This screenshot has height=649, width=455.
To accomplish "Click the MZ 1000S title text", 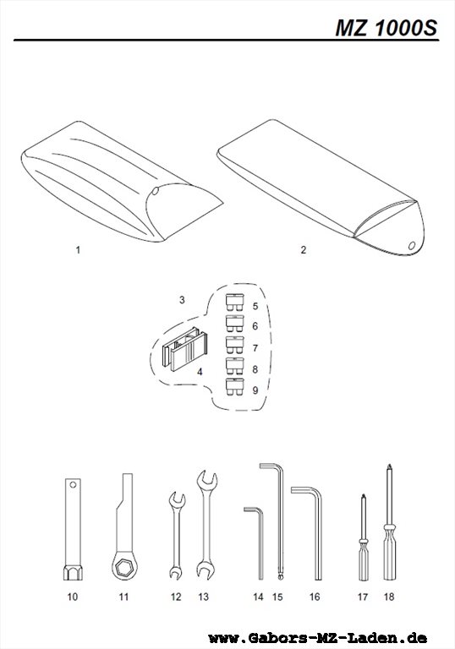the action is tap(386, 28).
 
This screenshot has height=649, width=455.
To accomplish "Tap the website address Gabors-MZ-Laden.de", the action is tap(317, 638).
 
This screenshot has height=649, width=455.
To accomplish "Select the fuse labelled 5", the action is tap(235, 303).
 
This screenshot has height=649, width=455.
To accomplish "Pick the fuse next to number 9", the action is tap(235, 386).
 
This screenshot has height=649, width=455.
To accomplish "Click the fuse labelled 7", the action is tap(235, 345).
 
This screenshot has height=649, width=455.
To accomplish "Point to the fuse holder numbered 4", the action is tap(184, 349).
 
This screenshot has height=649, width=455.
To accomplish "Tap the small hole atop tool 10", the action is tap(73, 484).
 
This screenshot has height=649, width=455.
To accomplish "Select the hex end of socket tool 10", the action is tap(73, 573).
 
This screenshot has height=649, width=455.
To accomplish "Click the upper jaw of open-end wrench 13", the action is tap(207, 480).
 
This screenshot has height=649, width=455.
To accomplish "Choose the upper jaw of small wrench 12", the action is tap(178, 499).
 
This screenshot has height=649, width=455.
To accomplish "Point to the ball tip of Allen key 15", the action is tap(281, 575).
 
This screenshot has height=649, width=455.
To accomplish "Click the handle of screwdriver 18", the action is tap(390, 553).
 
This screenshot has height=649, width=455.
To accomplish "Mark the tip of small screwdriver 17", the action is tap(364, 495).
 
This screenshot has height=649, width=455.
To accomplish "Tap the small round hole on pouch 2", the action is tap(412, 245).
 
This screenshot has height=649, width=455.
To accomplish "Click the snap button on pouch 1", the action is tap(155, 191).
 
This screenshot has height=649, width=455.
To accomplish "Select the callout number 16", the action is tap(315, 597).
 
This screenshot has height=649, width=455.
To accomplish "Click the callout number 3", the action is tap(182, 300).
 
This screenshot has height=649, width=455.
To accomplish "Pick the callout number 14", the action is tap(258, 597).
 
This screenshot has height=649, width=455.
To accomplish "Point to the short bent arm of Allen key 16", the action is tap(304, 490).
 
